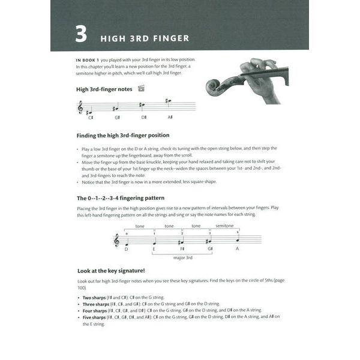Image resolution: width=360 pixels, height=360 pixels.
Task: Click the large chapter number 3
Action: coord(80,34)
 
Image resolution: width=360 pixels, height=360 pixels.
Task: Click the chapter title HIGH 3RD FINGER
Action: coord(144,38)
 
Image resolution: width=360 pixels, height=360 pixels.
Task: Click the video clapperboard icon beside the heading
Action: coord(142,89)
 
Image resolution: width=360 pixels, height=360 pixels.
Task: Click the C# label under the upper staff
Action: coord(91,118)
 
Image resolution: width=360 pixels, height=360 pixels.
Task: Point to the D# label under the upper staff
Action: coord(144,118)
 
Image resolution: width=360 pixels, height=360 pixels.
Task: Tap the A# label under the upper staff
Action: coord(170,118)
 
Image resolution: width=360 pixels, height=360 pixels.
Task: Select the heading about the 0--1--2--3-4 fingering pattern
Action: coord(120,197)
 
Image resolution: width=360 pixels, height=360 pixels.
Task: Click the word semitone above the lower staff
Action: coord(224,226)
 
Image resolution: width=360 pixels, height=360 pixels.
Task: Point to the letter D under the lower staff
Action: coord(127,249)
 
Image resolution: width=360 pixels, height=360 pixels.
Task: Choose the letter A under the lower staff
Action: coord(237,249)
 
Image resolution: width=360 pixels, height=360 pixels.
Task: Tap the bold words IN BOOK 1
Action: coord(88,60)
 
